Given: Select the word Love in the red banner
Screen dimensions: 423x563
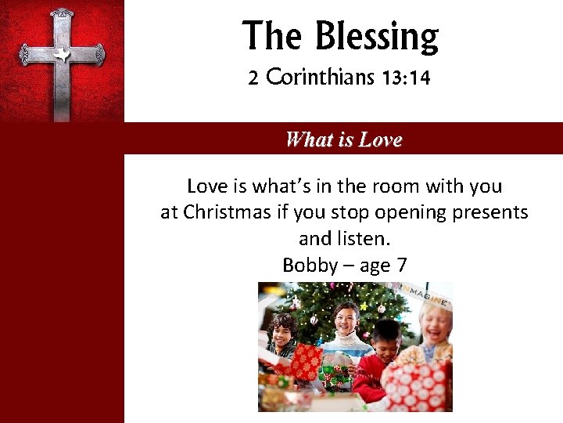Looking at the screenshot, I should tap(380, 140).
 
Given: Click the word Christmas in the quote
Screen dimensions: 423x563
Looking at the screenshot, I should tap(227, 212).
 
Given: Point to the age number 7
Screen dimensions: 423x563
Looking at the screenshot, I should tap(401, 265).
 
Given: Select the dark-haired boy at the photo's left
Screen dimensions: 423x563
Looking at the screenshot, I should tap(282, 333).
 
